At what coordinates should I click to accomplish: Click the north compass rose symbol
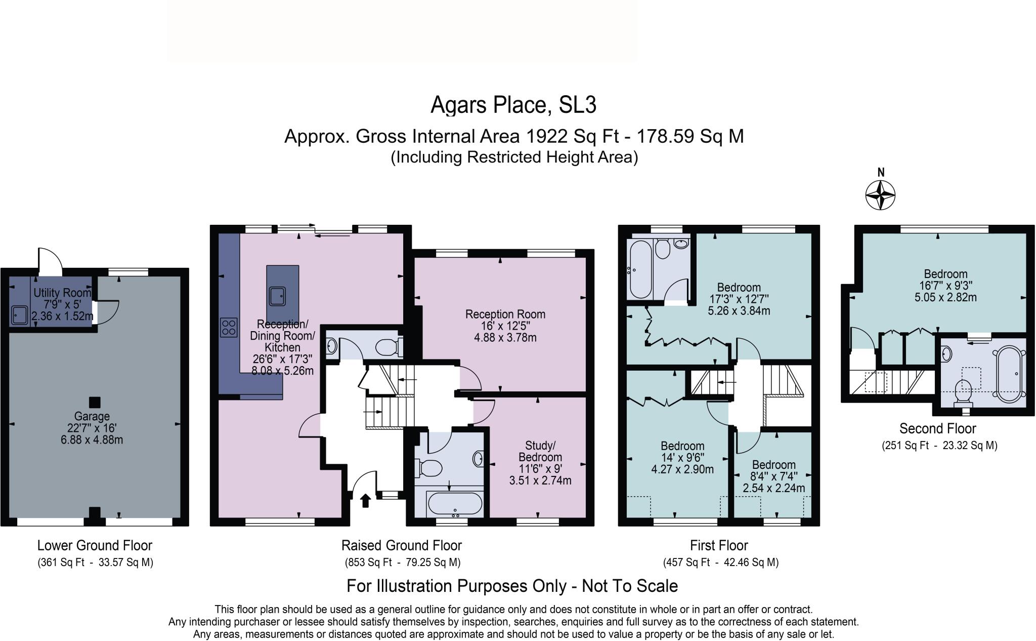coord(880,194)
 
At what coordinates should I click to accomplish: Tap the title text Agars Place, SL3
coord(513,105)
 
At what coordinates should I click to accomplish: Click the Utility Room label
coord(62,293)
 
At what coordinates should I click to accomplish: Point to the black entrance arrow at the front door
coord(365,500)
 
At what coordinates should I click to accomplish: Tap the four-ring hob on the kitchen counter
coord(229,327)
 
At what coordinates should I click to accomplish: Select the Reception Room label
coord(505,314)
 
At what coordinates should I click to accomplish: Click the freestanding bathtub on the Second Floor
coord(1009,374)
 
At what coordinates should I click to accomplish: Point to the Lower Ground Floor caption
coord(95,545)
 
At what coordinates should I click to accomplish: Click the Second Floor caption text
coord(937,428)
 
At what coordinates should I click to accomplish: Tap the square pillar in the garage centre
coord(94,402)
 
